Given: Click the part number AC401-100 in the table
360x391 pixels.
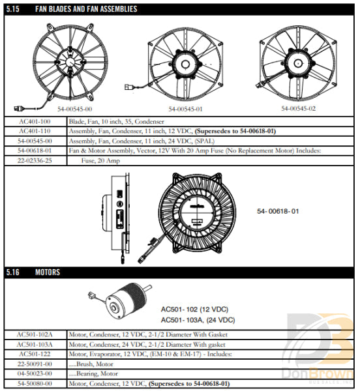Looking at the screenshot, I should pos(35,122).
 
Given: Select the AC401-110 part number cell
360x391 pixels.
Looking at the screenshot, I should pos(35,131).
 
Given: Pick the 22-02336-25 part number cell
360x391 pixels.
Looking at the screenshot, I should pos(35,159).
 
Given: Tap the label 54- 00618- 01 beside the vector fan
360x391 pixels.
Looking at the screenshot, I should pos(278,212).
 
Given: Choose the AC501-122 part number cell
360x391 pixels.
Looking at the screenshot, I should pos(35,353).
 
